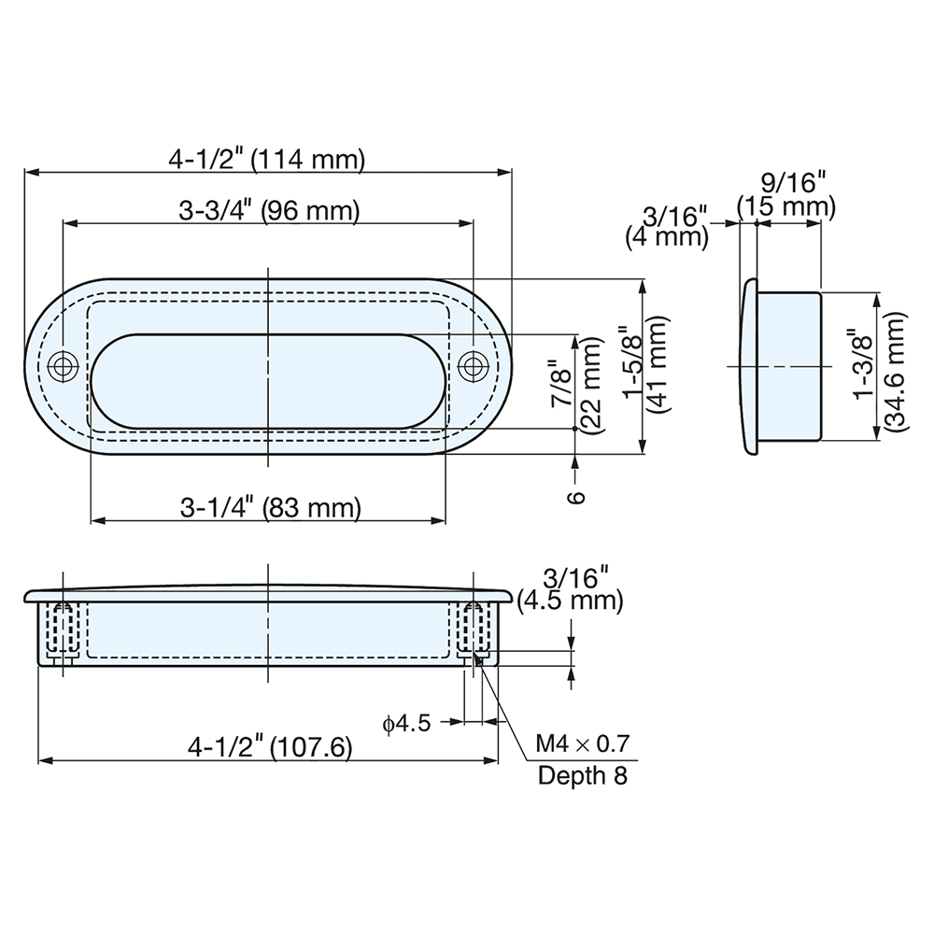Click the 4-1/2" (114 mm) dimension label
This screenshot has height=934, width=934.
(266, 159)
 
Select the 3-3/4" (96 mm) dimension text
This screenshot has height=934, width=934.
(269, 211)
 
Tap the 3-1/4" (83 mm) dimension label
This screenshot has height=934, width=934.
(269, 508)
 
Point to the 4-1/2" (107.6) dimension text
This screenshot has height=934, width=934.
(269, 747)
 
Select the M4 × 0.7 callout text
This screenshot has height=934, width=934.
(583, 744)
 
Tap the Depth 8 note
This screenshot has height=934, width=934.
(583, 775)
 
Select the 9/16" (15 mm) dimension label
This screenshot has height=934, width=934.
(785, 192)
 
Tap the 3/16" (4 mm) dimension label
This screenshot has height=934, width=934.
(666, 227)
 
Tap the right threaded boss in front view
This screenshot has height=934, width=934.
(474, 628)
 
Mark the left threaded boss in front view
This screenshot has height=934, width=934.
(63, 628)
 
